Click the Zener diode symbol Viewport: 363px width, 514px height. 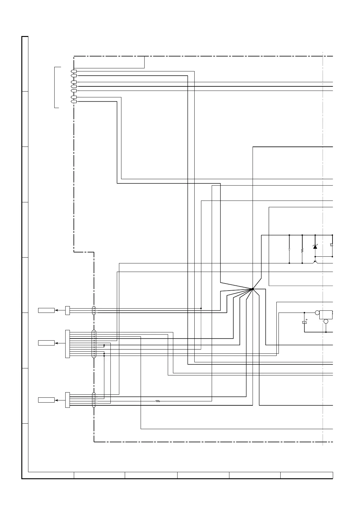(x=315, y=247)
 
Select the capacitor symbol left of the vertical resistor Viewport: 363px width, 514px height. (x=289, y=249)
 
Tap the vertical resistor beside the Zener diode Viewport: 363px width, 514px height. (x=302, y=250)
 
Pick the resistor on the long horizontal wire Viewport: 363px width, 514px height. (x=158, y=401)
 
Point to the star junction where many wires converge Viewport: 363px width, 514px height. (x=253, y=289)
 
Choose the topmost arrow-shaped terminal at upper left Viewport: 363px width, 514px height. (x=74, y=71)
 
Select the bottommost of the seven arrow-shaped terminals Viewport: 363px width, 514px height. (x=74, y=101)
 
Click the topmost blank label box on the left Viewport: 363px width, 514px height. (x=46, y=310)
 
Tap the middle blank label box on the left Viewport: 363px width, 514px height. (x=46, y=343)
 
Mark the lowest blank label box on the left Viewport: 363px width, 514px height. (x=46, y=400)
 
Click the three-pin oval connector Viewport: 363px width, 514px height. (x=94, y=310)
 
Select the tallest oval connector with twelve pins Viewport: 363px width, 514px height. (x=94, y=344)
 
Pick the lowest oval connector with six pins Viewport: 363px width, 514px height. (x=94, y=400)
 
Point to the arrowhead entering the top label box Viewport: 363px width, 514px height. (x=56, y=310)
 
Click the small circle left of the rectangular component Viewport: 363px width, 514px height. (x=317, y=313)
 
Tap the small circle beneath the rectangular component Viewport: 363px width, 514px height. (x=326, y=321)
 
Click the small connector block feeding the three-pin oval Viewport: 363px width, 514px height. (x=67, y=310)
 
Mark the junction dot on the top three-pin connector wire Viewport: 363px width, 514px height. (x=201, y=308)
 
